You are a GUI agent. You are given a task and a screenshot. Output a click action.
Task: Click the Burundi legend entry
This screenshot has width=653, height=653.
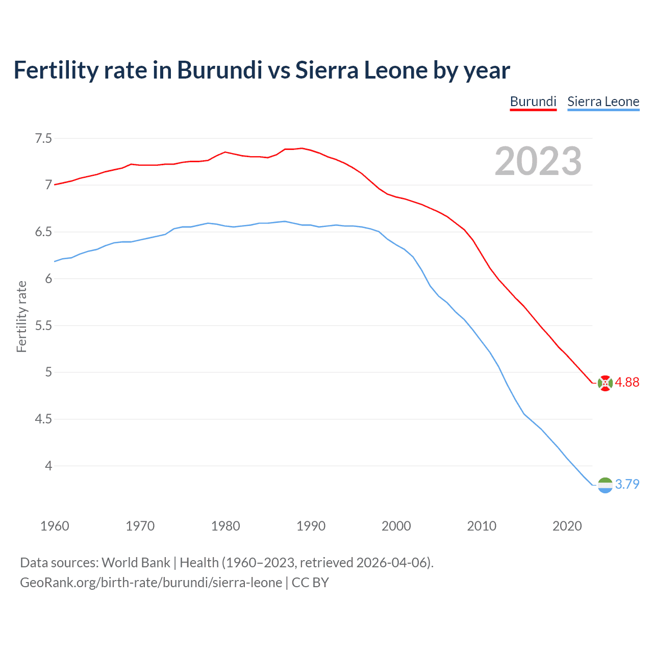(533, 102)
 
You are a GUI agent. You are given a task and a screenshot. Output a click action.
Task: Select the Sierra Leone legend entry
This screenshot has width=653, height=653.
(603, 102)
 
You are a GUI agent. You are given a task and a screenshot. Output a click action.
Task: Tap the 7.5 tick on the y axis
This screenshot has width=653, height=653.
(43, 138)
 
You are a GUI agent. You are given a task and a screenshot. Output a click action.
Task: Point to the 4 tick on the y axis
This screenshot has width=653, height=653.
(48, 466)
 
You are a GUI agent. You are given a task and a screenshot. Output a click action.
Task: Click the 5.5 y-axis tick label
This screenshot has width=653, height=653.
(43, 325)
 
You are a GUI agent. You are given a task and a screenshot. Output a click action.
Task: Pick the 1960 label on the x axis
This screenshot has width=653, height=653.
(55, 526)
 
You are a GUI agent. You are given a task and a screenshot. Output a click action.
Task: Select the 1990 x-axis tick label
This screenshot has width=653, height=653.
(311, 526)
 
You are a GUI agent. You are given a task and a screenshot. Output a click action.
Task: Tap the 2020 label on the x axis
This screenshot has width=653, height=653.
(567, 526)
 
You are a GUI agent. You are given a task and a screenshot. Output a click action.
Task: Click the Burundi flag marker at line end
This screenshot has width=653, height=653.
(605, 383)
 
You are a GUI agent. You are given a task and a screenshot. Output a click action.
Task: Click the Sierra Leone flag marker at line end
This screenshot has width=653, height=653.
(605, 485)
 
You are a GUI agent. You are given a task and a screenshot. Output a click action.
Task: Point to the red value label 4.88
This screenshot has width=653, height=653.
(627, 383)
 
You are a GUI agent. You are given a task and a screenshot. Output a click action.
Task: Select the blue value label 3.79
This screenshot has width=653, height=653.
(627, 484)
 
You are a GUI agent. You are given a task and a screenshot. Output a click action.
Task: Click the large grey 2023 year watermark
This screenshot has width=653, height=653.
(538, 161)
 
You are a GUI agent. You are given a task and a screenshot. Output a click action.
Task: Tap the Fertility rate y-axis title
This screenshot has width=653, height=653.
(21, 316)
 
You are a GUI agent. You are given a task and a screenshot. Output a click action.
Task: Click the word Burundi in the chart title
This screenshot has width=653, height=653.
(219, 70)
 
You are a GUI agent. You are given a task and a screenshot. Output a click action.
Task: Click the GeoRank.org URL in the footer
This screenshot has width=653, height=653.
(151, 583)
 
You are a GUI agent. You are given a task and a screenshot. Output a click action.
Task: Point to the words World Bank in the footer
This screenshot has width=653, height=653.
(136, 563)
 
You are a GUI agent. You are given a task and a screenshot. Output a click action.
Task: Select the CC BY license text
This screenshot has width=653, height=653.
(310, 583)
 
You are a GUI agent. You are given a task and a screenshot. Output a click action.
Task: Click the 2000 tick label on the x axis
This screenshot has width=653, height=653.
(396, 526)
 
